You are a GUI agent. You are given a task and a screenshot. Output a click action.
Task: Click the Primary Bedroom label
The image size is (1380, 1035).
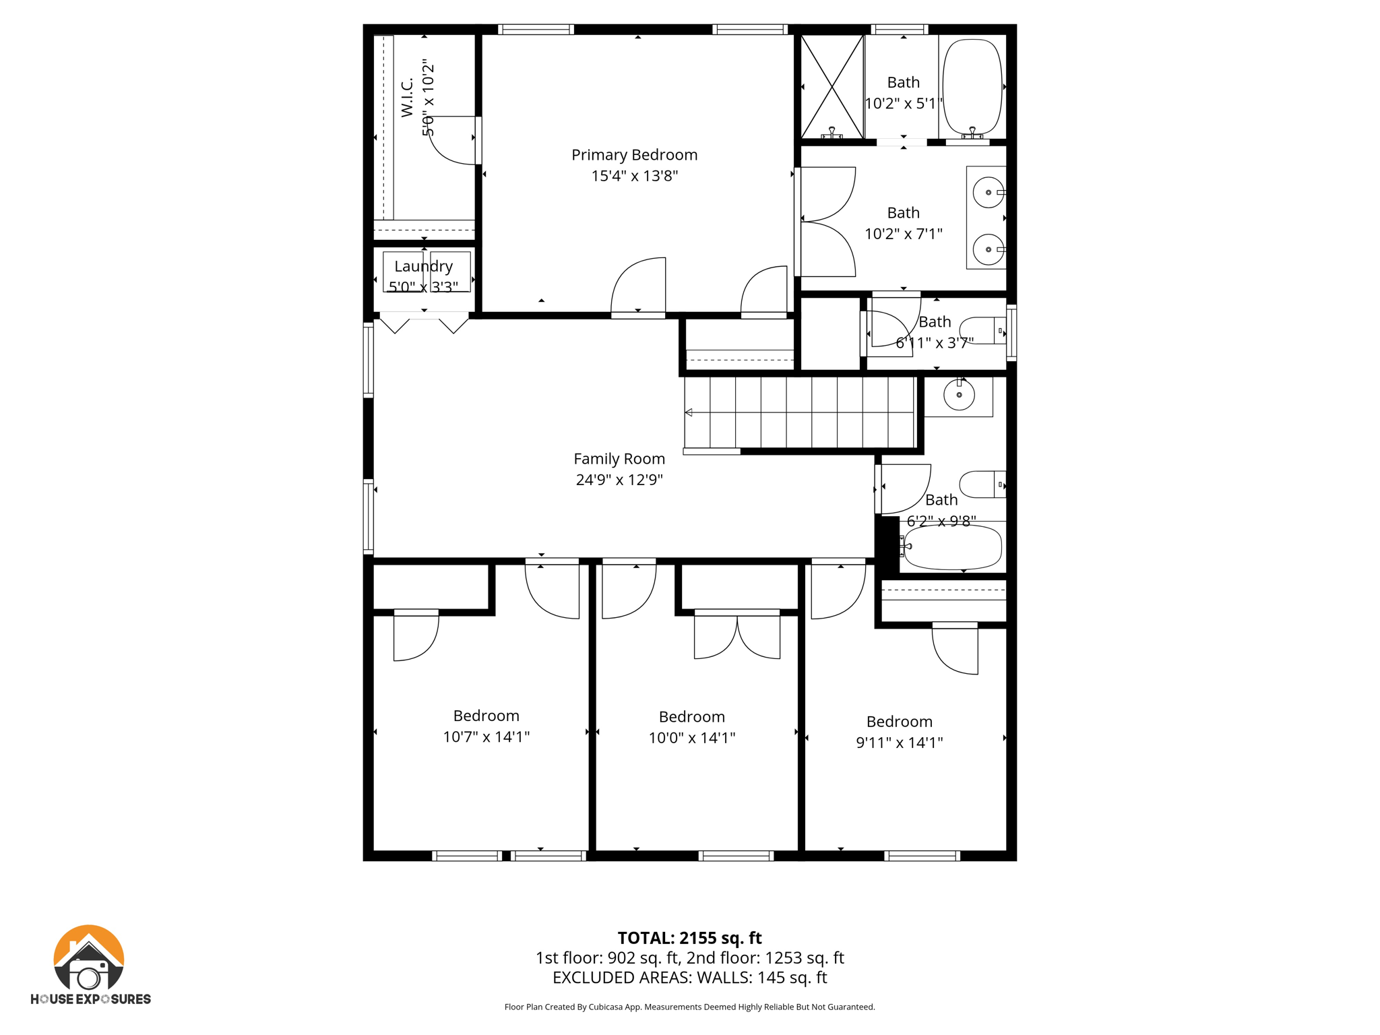(x=634, y=155)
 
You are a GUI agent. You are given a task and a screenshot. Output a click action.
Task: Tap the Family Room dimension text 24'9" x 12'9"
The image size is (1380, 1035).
(x=619, y=480)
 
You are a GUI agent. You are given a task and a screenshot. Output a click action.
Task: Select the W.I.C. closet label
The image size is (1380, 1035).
(x=407, y=98)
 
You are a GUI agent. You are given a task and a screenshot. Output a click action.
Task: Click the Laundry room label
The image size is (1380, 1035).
(x=423, y=266)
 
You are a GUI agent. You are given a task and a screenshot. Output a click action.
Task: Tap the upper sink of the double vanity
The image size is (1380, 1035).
(x=988, y=193)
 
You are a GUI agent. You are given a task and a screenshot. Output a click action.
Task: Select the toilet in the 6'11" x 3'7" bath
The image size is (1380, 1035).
(x=982, y=331)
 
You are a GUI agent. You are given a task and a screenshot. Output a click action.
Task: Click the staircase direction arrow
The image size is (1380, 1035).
(x=689, y=412)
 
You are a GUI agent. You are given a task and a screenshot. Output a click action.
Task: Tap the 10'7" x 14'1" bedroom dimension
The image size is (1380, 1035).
(x=486, y=737)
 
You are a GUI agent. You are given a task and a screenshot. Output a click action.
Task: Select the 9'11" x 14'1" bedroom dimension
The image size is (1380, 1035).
(x=899, y=743)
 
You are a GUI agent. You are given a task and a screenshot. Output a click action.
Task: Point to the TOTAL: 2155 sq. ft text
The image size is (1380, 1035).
(x=689, y=938)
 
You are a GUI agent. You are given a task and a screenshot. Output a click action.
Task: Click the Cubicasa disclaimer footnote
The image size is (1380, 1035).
(x=689, y=1007)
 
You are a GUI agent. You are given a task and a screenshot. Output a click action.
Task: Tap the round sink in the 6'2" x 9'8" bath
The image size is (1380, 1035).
(x=958, y=395)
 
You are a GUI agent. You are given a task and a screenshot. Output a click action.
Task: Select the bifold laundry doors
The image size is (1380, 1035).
(x=424, y=323)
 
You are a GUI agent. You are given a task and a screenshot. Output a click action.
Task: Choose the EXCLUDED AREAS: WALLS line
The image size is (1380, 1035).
(x=689, y=978)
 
